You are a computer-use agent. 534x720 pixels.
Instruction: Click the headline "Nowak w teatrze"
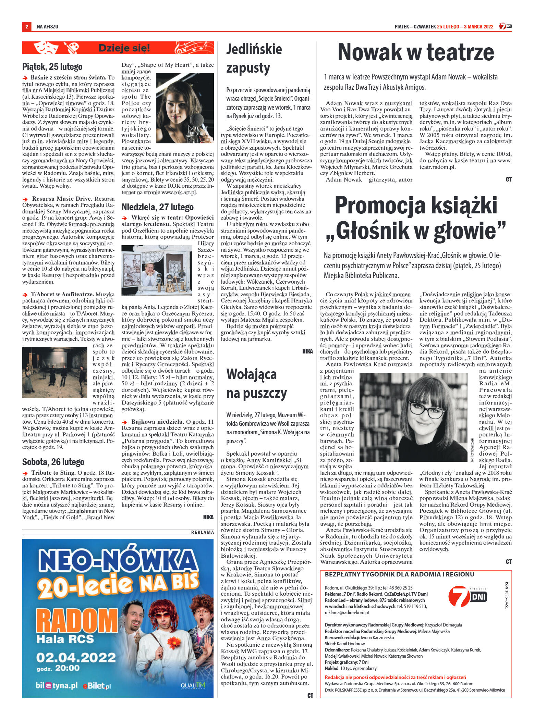pyautogui.click(x=415, y=52)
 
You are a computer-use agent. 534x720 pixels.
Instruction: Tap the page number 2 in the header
pyautogui.click(x=26, y=26)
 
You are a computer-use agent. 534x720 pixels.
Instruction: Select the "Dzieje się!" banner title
pyautogui.click(x=124, y=48)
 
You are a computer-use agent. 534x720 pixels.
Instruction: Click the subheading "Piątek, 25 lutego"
pyautogui.click(x=52, y=66)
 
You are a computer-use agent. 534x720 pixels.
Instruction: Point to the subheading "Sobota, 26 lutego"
pyautogui.click(x=53, y=462)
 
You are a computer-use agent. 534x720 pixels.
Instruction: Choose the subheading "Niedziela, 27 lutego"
pyautogui.click(x=157, y=207)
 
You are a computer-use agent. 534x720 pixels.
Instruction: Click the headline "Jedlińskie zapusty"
pyautogui.click(x=254, y=59)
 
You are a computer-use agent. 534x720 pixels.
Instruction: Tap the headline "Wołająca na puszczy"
pyautogui.click(x=256, y=384)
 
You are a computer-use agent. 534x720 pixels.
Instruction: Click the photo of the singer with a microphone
pyautogui.click(x=185, y=108)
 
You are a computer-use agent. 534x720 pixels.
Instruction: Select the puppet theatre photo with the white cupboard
pyautogui.click(x=157, y=270)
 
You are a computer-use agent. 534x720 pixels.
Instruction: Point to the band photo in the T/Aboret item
pyautogui.click(x=54, y=372)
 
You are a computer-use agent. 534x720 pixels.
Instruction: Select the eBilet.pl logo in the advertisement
pyautogui.click(x=97, y=686)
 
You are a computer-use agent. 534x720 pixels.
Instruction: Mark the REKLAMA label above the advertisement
pyautogui.click(x=202, y=532)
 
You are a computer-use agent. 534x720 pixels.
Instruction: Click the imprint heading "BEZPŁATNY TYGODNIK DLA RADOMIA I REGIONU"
pyautogui.click(x=399, y=574)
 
